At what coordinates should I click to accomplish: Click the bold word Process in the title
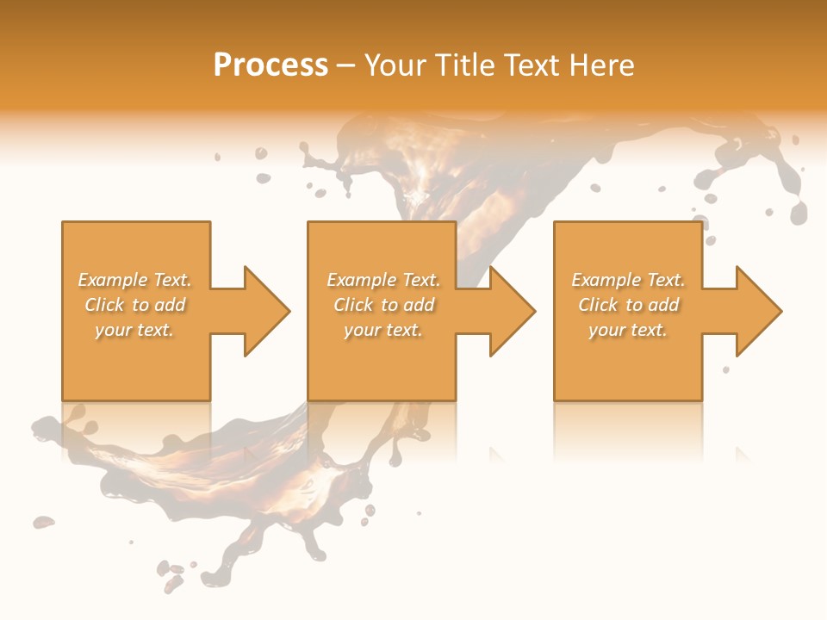click(270, 65)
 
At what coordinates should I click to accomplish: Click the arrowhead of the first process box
click(269, 311)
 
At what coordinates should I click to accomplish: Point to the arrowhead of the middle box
click(514, 311)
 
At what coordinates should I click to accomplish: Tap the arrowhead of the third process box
click(760, 311)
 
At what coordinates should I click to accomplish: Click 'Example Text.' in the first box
click(134, 280)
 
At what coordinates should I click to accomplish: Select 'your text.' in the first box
click(134, 330)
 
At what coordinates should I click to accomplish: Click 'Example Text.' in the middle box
click(382, 280)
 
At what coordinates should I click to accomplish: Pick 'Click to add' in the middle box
click(382, 305)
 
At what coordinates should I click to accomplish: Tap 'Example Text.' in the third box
click(628, 280)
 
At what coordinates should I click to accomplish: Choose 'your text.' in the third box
click(628, 330)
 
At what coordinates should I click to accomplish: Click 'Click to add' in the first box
click(134, 305)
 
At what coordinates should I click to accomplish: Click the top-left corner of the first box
click(63, 222)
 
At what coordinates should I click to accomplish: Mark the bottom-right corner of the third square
click(701, 400)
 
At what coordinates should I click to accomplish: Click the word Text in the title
click(531, 65)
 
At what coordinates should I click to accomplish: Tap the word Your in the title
click(395, 65)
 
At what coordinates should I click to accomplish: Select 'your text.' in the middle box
click(382, 330)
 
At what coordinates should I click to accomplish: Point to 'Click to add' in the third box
click(628, 305)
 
